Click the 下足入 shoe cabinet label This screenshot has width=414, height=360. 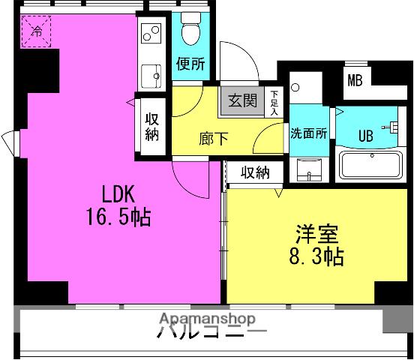click(x=274, y=102)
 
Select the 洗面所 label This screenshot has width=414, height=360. click(x=309, y=135)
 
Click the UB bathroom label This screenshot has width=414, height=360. click(x=365, y=136)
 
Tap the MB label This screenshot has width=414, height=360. click(x=355, y=81)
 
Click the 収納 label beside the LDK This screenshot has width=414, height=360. click(x=152, y=127)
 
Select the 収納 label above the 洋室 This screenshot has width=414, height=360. click(x=254, y=172)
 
